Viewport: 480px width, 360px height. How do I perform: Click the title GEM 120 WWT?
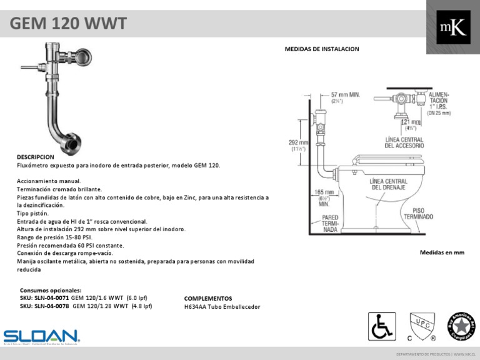point(69,24)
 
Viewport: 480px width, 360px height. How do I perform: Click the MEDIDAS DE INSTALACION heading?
point(322,49)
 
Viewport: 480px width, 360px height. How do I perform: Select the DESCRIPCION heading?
point(36,156)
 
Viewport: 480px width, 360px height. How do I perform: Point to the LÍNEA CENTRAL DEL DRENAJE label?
point(389,184)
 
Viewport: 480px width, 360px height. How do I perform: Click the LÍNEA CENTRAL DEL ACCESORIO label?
point(404,142)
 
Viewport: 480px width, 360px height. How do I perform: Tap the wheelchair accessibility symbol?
point(379,327)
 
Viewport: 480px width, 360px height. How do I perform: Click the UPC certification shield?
point(420,326)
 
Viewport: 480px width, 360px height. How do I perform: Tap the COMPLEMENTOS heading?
point(208,299)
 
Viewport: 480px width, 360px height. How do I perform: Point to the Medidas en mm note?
point(442,252)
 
